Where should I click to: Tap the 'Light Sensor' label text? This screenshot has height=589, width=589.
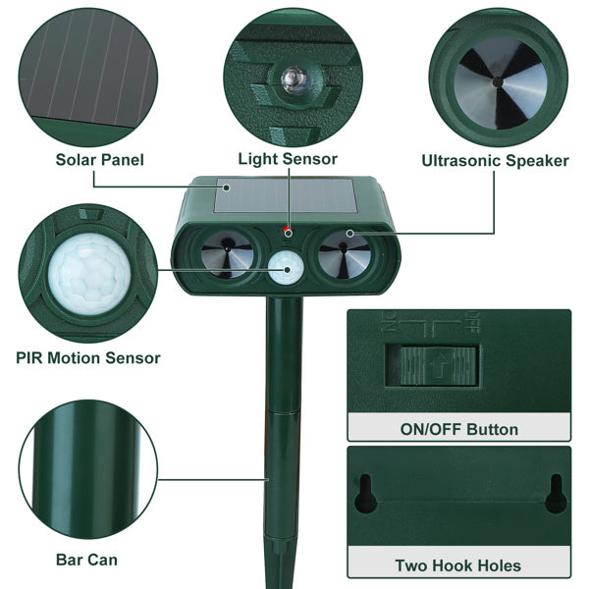(x=288, y=159)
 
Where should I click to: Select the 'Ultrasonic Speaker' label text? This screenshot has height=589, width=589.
(x=495, y=160)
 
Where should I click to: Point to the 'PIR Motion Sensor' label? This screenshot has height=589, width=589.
(x=89, y=358)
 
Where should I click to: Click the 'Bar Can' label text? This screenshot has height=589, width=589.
(x=87, y=560)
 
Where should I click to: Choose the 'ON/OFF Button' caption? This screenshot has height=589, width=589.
(x=458, y=429)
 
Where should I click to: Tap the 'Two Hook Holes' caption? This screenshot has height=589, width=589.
(x=458, y=564)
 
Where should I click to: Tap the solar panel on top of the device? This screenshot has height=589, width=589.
(x=285, y=196)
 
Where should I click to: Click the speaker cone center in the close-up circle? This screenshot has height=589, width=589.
(x=498, y=80)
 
